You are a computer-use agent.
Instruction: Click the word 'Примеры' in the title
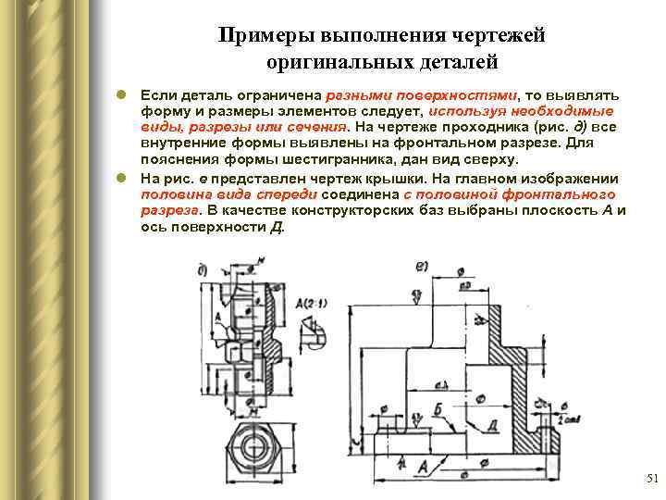click(x=265, y=36)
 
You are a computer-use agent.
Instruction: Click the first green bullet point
click(x=120, y=95)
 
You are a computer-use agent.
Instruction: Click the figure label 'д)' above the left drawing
click(x=203, y=269)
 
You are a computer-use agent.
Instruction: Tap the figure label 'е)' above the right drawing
click(x=422, y=267)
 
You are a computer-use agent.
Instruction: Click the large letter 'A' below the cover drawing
click(x=422, y=466)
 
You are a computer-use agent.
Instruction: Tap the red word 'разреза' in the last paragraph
click(x=167, y=211)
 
